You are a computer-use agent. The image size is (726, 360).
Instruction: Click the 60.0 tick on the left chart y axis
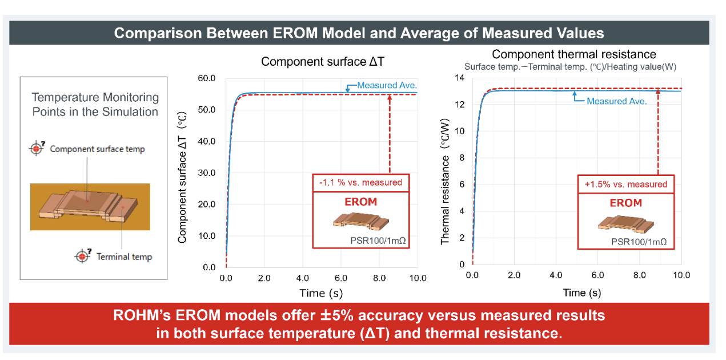206,78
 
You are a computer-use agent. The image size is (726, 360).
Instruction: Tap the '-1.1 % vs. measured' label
360,183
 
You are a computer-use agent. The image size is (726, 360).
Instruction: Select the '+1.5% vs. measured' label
625,184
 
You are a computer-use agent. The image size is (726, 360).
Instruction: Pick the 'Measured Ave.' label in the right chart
616,101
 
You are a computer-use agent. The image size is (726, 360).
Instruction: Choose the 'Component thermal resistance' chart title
574,54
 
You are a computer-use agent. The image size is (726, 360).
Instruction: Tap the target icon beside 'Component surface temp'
37,149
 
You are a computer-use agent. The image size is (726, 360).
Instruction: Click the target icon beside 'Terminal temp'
83,256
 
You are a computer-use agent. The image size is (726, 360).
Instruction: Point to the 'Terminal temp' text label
124,257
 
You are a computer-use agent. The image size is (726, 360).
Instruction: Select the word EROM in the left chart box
360,202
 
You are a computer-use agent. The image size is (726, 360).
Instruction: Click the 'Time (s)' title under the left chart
321,293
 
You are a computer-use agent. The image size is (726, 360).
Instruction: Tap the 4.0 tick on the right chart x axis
556,275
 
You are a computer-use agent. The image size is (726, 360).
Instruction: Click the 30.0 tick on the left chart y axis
206,173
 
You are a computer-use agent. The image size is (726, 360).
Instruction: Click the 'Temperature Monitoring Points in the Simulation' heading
95,105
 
